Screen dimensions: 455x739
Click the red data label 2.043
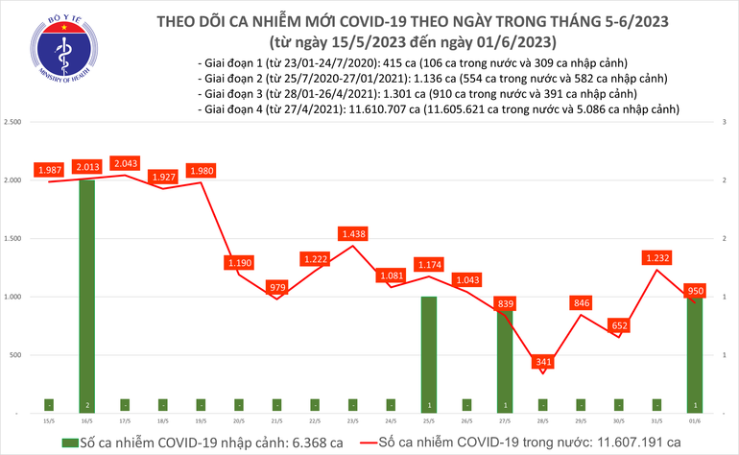click(x=125, y=164)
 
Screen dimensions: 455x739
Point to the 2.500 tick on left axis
click(x=13, y=122)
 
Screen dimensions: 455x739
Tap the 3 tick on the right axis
click(x=724, y=122)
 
